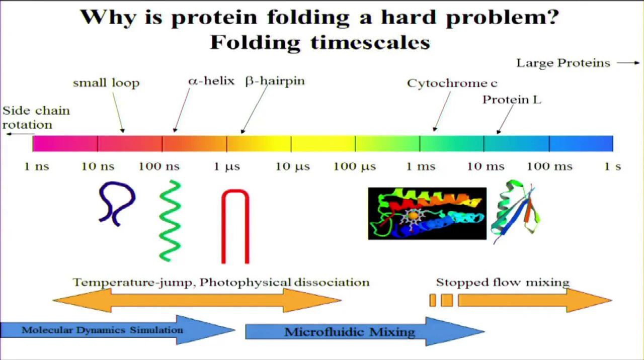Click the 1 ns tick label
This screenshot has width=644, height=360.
coord(37,166)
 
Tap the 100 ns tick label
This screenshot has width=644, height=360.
coord(159,166)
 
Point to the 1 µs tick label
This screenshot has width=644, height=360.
coord(226,166)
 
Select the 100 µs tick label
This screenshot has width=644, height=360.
coord(354,166)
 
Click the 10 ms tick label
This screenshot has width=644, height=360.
coord(485,166)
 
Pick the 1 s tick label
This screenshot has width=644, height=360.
coord(612,166)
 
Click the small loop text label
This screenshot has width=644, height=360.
coord(106,83)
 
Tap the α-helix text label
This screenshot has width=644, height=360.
coord(211,81)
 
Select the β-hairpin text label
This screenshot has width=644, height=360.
coord(275,81)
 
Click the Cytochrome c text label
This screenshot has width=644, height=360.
coord(452,83)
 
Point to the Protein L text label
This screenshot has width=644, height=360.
coord(512,100)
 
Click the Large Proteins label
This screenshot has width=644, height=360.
coord(563,63)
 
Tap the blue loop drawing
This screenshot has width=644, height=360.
coord(117,203)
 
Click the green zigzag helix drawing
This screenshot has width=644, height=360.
coord(170,221)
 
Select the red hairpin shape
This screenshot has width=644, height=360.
coord(235,226)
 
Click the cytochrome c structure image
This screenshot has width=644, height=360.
coord(427,214)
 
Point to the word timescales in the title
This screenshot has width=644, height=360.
coord(370,42)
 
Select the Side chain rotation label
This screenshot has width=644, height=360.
coord(36,118)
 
